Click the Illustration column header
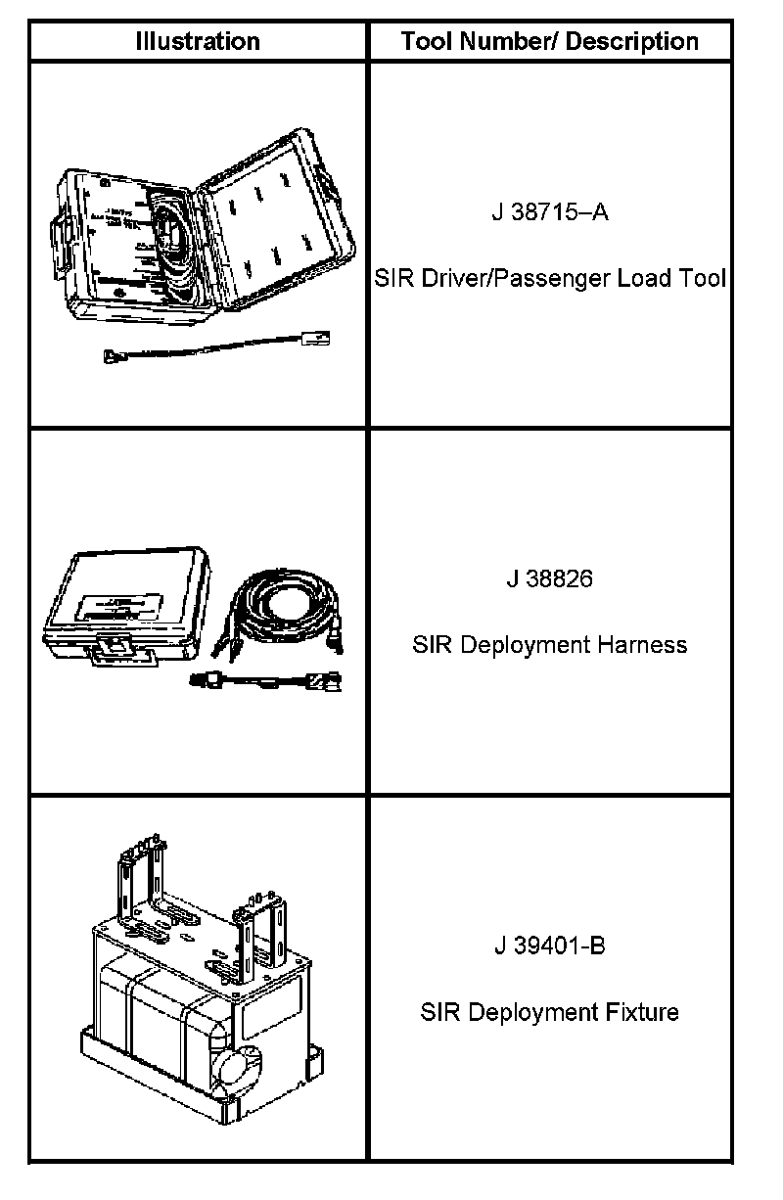(x=197, y=41)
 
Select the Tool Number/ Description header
(x=549, y=41)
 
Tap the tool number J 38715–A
(x=549, y=212)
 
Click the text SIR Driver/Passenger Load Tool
(x=549, y=278)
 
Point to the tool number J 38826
(x=549, y=578)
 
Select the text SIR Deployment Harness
(x=549, y=645)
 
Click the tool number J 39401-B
(x=549, y=946)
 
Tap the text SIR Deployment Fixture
(x=549, y=1011)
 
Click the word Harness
(x=642, y=645)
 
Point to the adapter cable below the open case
(x=216, y=347)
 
